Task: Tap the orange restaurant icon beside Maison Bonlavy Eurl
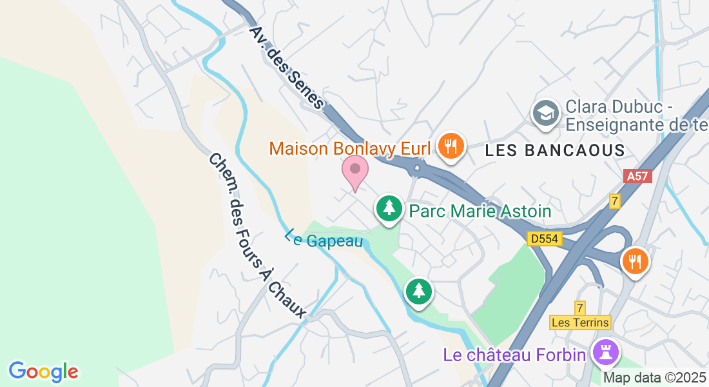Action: point(451,146)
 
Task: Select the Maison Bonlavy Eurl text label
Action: point(349,148)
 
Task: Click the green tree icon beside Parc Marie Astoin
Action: point(389,209)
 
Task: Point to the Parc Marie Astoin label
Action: point(480,211)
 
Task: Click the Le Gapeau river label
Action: point(324,239)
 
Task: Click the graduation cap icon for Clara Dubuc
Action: point(545,114)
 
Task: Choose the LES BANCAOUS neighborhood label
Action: point(555,150)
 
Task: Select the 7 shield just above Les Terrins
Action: point(580,308)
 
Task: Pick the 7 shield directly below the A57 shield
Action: point(615,201)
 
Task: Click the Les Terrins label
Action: point(580,322)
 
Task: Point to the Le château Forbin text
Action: point(514,355)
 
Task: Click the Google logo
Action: point(43,372)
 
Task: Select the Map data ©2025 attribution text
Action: point(655,377)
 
